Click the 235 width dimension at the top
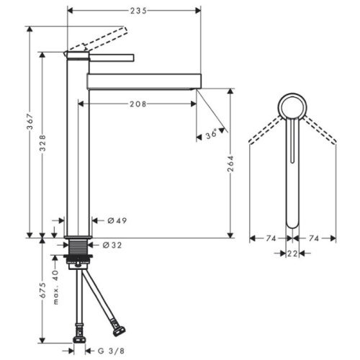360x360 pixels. click(x=138, y=11)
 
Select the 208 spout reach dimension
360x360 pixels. click(x=138, y=104)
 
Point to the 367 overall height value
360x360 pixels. click(x=30, y=121)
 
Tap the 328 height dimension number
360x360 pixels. click(x=42, y=143)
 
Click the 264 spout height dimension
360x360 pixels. click(x=230, y=163)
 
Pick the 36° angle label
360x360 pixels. click(x=211, y=135)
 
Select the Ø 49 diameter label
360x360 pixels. click(x=117, y=220)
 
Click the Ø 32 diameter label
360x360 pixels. click(x=112, y=245)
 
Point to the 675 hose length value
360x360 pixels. click(x=42, y=290)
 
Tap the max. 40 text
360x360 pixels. click(x=55, y=287)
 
